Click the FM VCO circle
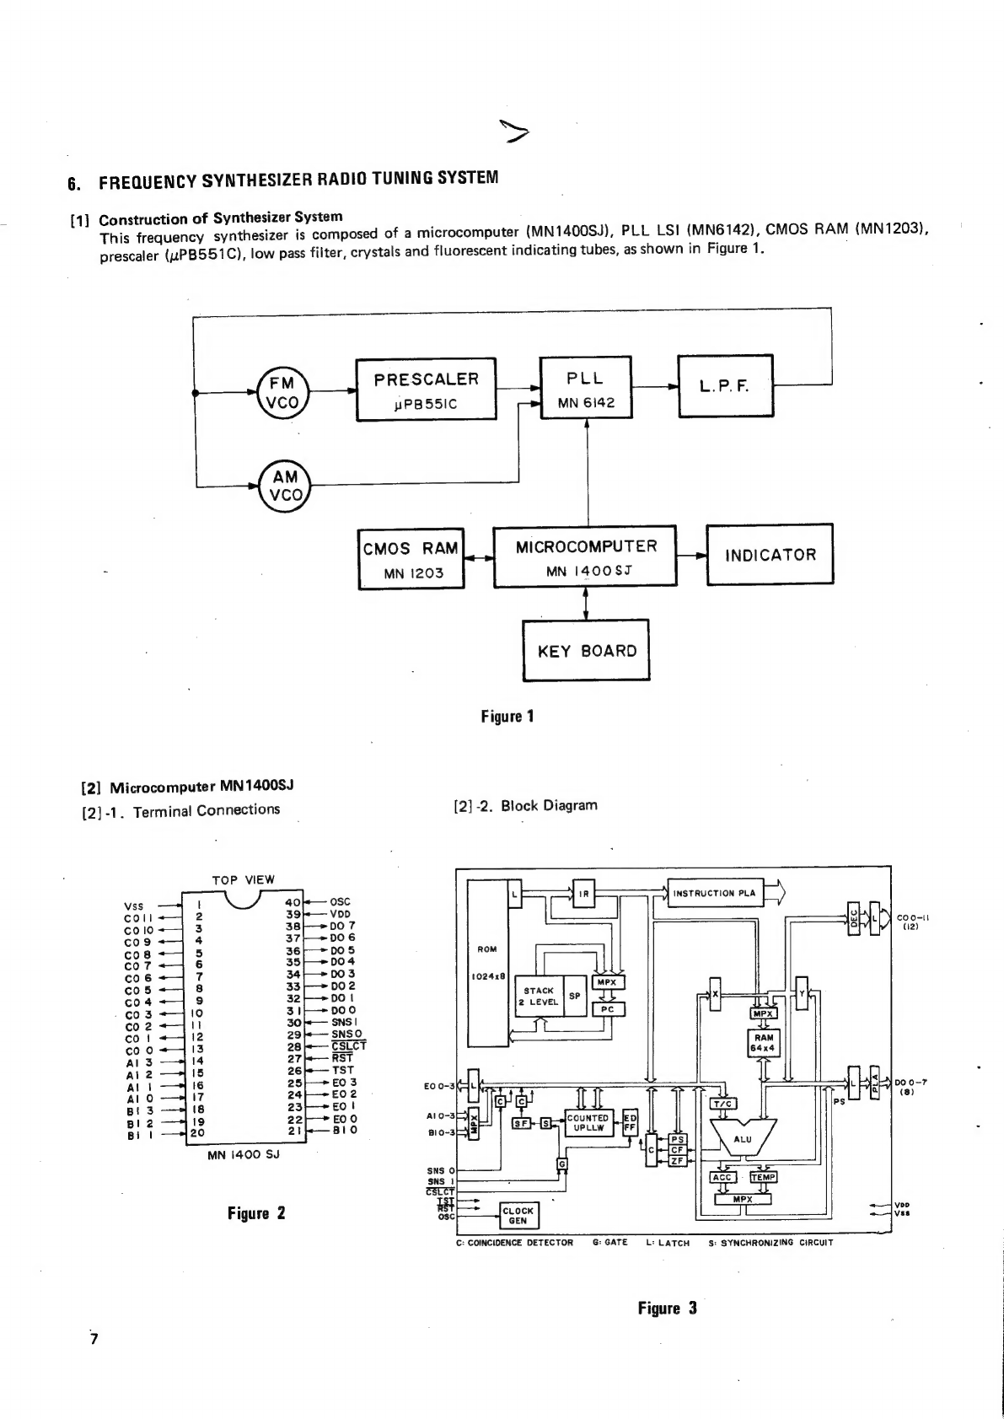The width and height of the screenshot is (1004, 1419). [282, 392]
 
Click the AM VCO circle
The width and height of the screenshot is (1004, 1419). [284, 486]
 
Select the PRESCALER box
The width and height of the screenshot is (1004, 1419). [426, 389]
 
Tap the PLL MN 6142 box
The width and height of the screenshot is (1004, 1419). [585, 387]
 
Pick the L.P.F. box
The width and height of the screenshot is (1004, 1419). [725, 386]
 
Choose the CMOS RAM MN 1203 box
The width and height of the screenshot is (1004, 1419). [411, 560]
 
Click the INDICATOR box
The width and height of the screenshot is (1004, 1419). [770, 554]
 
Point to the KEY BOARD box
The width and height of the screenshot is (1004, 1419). [586, 650]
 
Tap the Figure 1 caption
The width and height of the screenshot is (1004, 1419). [507, 717]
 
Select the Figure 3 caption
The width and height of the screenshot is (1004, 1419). [667, 1309]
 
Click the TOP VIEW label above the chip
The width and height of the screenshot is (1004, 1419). [243, 879]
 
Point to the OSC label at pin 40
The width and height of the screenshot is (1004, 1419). [341, 901]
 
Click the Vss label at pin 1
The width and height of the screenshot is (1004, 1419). [134, 906]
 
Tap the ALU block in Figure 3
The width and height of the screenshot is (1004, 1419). [742, 1139]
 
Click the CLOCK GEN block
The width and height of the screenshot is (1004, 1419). [518, 1215]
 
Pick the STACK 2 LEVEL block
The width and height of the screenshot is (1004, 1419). [539, 996]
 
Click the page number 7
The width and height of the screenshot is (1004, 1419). [94, 1339]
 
